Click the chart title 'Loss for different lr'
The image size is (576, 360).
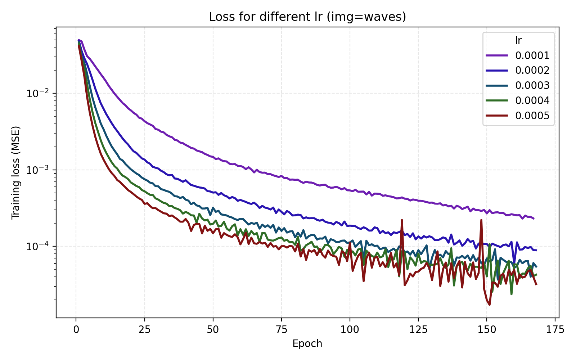pyautogui.click(x=307, y=17)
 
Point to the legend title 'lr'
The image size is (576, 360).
pyautogui.click(x=518, y=41)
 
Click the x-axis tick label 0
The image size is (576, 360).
pyautogui.click(x=76, y=330)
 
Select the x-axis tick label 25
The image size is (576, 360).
pyautogui.click(x=144, y=330)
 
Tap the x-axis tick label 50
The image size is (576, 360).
pyautogui.click(x=213, y=330)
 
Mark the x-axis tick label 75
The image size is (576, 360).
pyautogui.click(x=281, y=330)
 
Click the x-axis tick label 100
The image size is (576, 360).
pyautogui.click(x=350, y=330)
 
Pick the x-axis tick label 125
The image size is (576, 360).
pyautogui.click(x=418, y=330)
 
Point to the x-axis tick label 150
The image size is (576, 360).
pyautogui.click(x=486, y=330)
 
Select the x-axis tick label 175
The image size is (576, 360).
pyautogui.click(x=555, y=330)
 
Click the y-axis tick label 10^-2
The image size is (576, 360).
pyautogui.click(x=37, y=94)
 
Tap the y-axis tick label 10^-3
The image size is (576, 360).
pyautogui.click(x=37, y=170)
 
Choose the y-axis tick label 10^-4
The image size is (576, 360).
pyautogui.click(x=37, y=247)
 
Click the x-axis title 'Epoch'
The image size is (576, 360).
pyautogui.click(x=307, y=344)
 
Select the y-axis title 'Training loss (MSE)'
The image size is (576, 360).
pyautogui.click(x=15, y=172)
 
